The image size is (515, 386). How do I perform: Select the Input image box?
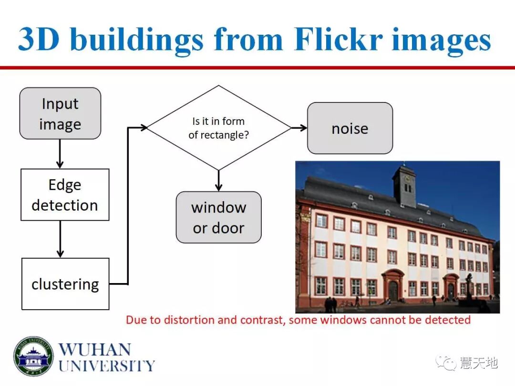pos(60,113)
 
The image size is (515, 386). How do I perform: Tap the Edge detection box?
pos(65,194)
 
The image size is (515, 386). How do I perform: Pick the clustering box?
pos(65,284)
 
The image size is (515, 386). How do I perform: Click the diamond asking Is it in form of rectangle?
pos(218,128)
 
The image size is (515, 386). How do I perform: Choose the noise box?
pos(350,128)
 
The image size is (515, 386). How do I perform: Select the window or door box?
pos(218,217)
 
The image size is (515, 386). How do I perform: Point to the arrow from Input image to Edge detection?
pos(60,153)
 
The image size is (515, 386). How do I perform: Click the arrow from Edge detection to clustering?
pos(60,239)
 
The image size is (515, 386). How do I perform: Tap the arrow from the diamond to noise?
pos(299,128)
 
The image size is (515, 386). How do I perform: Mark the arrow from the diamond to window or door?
pos(218,181)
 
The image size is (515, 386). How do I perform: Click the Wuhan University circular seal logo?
pos(33,356)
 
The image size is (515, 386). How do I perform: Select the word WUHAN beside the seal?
pos(94,349)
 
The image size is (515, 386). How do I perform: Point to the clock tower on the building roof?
pos(404,185)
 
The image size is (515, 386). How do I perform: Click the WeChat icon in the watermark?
pos(449,364)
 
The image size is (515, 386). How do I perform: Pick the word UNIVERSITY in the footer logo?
pos(107,366)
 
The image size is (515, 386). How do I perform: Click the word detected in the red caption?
pos(447,319)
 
